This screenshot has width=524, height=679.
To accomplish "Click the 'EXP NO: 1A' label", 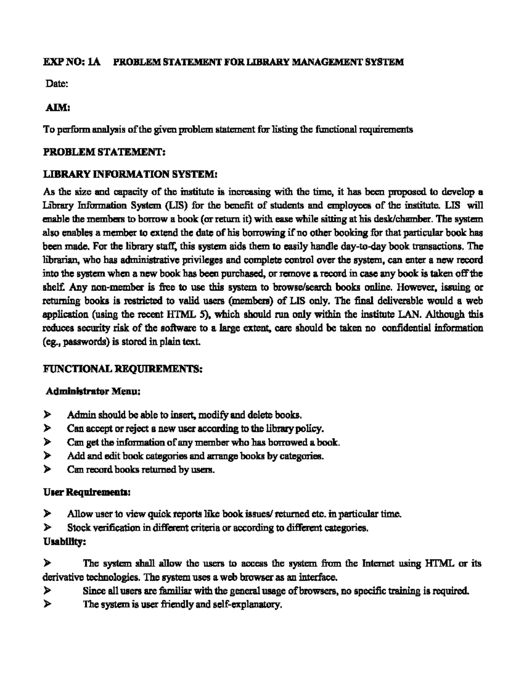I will coord(72,62).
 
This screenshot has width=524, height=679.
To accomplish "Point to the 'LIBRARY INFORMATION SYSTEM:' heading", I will coord(130,174).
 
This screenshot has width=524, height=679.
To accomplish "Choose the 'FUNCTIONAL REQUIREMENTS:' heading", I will coord(122,369).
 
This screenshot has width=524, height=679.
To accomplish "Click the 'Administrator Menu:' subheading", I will coord(93,391).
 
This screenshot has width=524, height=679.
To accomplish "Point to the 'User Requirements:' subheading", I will coord(86,493).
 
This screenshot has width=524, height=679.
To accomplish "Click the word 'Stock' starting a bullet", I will coord(78,528).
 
